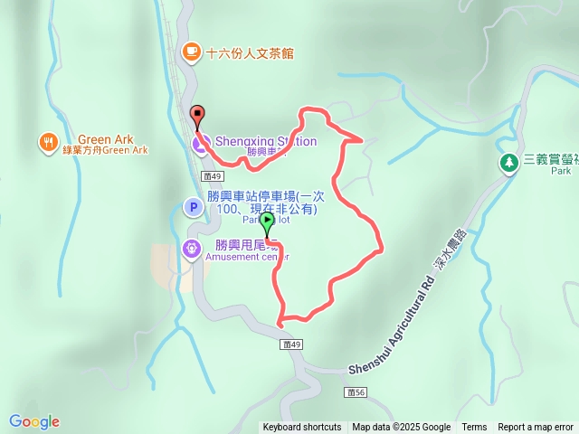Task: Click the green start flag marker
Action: (x=268, y=221)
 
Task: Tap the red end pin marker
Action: (x=198, y=115)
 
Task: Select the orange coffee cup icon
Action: (x=191, y=52)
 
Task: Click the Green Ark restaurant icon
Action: (x=48, y=142)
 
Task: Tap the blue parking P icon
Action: (x=192, y=208)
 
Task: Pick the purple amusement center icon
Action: (x=192, y=249)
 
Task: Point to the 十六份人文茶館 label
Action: (x=250, y=53)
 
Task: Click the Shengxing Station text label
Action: (x=265, y=141)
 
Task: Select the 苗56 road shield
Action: (x=356, y=392)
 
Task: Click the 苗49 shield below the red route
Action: (x=290, y=344)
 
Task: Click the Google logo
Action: (x=34, y=421)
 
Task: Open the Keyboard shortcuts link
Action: (x=302, y=428)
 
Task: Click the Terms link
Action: (x=474, y=428)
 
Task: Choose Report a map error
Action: (x=536, y=428)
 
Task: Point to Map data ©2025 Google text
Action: (x=401, y=428)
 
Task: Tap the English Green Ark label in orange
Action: (x=111, y=139)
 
